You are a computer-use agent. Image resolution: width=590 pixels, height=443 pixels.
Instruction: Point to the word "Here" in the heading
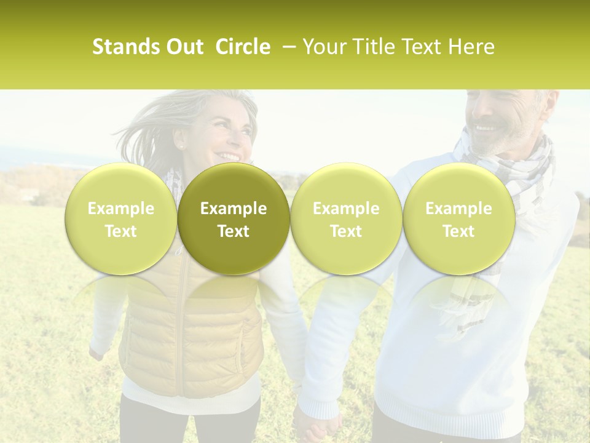pos(472,47)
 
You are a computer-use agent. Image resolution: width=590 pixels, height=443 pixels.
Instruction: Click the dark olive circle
pos(234,219)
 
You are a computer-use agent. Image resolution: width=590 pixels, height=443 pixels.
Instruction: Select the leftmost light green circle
pos(121,219)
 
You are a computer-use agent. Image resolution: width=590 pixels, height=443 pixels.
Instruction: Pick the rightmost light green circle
pos(458,219)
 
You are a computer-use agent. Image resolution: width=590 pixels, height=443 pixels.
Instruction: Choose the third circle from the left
pos(346,219)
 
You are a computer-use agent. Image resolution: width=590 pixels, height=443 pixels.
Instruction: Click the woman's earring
pos(182,146)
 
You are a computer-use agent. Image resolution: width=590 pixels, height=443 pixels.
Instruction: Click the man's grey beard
pos(504,143)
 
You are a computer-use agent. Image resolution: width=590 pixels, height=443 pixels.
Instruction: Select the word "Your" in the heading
pos(323,47)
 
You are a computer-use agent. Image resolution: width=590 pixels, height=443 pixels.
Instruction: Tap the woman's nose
pos(237,140)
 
